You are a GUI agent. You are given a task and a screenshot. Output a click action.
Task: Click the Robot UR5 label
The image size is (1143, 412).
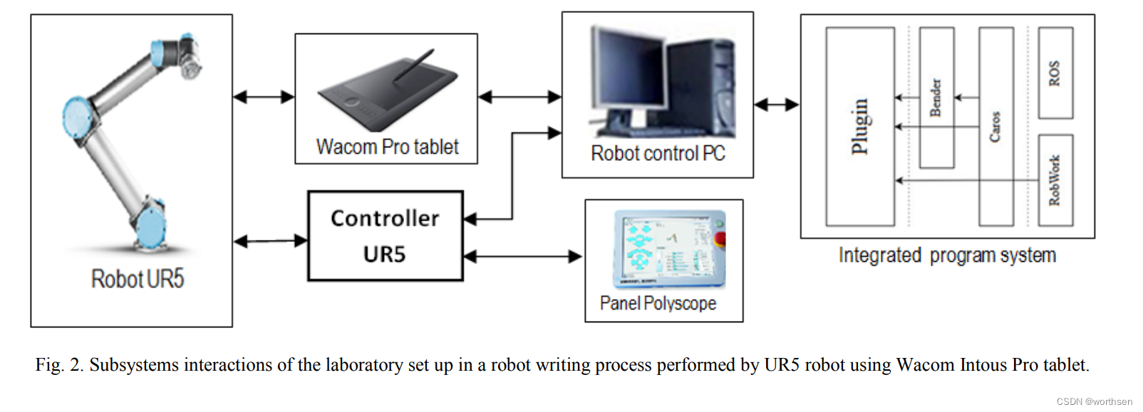[x=138, y=279]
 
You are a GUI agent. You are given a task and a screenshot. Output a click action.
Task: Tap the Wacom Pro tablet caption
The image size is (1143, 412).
[x=387, y=147]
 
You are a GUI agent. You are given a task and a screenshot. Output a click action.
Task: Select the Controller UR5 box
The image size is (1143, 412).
[x=385, y=236]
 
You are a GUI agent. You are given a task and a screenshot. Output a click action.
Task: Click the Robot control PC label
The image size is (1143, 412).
[x=657, y=154]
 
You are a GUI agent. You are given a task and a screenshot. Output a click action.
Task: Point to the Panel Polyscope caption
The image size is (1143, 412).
[x=658, y=304]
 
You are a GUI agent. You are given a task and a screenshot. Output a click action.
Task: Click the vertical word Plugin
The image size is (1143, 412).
[x=860, y=126]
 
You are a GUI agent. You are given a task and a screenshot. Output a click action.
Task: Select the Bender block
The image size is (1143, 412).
[x=936, y=97]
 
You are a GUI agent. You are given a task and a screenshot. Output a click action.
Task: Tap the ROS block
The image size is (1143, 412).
[x=1055, y=73]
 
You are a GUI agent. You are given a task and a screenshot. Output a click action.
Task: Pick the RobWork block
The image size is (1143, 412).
[x=1055, y=180]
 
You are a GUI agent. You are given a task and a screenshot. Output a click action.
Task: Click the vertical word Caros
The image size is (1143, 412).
[x=995, y=126]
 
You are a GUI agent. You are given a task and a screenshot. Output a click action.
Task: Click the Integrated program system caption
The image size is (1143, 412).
[x=947, y=255]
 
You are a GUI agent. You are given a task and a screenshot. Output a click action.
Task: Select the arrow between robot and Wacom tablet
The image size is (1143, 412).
[x=264, y=97]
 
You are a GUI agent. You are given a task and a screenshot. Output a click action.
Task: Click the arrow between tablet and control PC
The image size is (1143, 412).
[x=519, y=97]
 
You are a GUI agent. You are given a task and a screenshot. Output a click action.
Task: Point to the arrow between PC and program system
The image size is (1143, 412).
[x=776, y=105]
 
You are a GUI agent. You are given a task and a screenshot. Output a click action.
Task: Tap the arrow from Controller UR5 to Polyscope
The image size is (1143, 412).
[x=523, y=256]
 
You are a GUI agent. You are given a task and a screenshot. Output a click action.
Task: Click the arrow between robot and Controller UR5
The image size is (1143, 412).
[x=270, y=241]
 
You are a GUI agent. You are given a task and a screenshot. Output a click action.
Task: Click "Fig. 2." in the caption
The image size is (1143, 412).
[x=60, y=365]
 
